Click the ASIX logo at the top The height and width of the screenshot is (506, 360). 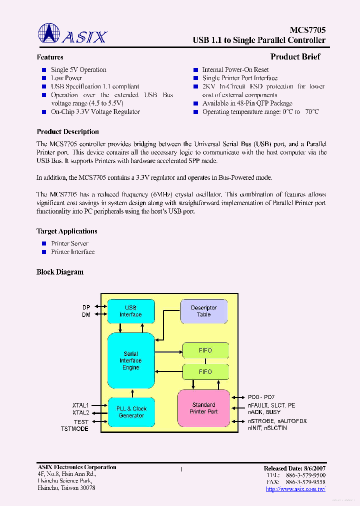point(72,34)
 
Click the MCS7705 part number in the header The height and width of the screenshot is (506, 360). point(308,30)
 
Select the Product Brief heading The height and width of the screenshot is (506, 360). point(295,57)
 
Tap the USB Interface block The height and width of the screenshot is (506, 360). point(130,311)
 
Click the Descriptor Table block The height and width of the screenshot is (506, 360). point(203,311)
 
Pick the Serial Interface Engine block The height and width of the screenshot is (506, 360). point(130,360)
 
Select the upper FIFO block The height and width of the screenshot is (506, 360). point(205,350)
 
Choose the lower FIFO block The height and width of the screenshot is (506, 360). point(205,372)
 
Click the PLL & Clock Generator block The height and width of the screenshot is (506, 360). point(131,412)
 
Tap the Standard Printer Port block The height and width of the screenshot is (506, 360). point(203,408)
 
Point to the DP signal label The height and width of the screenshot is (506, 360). point(86,307)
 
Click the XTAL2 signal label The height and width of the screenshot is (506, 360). point(80,412)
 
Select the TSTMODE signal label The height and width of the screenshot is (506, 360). point(75,429)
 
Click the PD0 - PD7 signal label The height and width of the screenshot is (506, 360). point(261,397)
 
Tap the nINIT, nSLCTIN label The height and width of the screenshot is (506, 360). point(267,428)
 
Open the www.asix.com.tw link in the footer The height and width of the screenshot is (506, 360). point(295,488)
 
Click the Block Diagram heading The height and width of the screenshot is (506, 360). point(60,272)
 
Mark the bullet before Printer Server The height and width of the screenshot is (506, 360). point(44,243)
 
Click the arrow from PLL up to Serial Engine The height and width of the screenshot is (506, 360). point(131,393)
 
